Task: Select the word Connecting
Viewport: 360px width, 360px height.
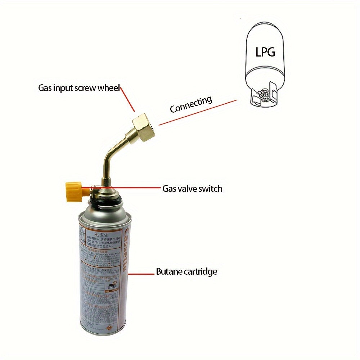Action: point(191,104)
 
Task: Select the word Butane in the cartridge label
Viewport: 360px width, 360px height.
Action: point(169,271)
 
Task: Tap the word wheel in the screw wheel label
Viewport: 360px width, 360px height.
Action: point(109,88)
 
